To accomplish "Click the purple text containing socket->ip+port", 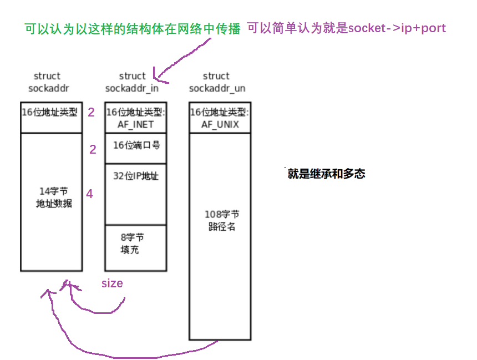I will coord(346,28).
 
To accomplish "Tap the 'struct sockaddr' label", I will coord(47,82).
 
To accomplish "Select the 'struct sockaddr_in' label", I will coord(132,82).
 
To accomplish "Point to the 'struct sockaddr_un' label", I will coord(216,82).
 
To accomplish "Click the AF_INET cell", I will coord(135,117).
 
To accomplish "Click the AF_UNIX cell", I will coord(220,117).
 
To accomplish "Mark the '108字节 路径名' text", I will coord(221,220).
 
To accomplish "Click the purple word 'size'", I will coord(111,283).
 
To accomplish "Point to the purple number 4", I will coord(89,194).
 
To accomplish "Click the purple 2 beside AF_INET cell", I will coord(91,113).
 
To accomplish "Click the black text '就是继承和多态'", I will coord(326,174).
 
